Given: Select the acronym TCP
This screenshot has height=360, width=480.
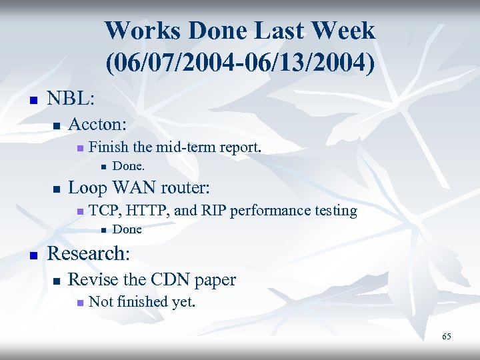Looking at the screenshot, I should (103, 211).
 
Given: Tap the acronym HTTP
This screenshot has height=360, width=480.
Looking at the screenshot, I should (145, 211).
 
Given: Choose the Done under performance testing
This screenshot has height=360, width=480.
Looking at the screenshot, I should (127, 229).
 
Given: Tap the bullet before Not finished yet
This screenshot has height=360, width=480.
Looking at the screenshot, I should (79, 303).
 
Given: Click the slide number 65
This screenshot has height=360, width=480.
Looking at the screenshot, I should (446, 337).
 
